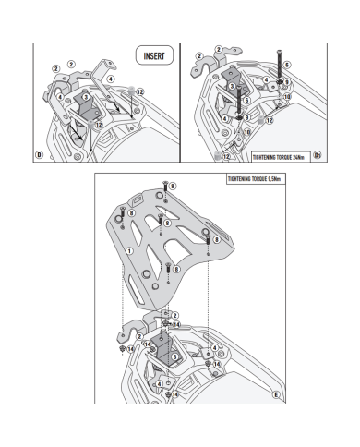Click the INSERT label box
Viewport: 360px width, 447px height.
tap(154, 55)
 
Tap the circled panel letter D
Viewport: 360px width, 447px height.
tap(39, 154)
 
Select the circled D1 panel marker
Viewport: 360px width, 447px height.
tap(318, 155)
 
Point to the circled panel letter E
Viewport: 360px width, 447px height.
tap(276, 394)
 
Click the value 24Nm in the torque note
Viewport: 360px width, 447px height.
tap(298, 157)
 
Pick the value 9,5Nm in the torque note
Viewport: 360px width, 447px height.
tap(274, 179)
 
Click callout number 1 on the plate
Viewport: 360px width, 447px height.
tap(129, 251)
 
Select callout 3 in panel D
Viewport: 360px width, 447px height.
tap(86, 97)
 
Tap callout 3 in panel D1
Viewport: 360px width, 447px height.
tap(232, 87)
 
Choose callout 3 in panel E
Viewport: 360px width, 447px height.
tap(174, 356)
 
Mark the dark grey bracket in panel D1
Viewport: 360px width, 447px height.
tap(234, 80)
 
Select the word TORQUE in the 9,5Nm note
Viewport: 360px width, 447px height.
tap(259, 179)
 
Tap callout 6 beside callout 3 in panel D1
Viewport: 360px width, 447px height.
tap(246, 100)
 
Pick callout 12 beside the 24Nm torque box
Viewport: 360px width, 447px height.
tap(226, 156)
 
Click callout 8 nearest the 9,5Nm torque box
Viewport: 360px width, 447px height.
tap(173, 187)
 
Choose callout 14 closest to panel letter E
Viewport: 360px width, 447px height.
tap(217, 364)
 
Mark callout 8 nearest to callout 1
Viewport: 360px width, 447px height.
tap(131, 213)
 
